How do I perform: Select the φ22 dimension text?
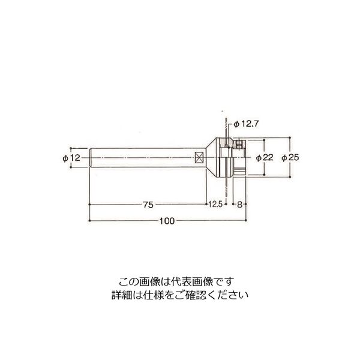pyautogui.click(x=265, y=157)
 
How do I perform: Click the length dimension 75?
pyautogui.click(x=148, y=205)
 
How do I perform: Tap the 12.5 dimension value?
pyautogui.click(x=216, y=205)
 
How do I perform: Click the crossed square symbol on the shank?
pyautogui.click(x=200, y=157)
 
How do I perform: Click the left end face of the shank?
pyautogui.click(x=90, y=158)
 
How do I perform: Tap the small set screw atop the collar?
pyautogui.click(x=238, y=144)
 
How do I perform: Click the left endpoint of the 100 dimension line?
pyautogui.click(x=90, y=221)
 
